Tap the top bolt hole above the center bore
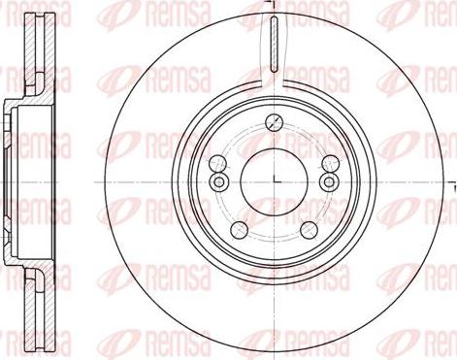(274, 121)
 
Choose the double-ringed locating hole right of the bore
(327, 182)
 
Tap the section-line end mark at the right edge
(452, 181)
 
